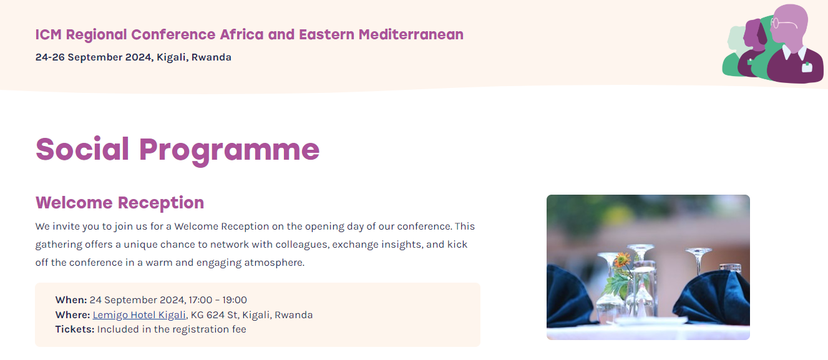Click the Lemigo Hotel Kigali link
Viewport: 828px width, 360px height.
pyautogui.click(x=139, y=315)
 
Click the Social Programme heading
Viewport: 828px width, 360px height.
pyautogui.click(x=177, y=150)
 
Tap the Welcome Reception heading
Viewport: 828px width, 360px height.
pyautogui.click(x=120, y=203)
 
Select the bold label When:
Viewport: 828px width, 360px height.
pyautogui.click(x=71, y=299)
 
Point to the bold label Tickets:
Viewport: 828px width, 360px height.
pyautogui.click(x=75, y=329)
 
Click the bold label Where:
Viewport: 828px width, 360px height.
pyautogui.click(x=73, y=315)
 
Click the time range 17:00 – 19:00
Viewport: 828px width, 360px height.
pyautogui.click(x=218, y=299)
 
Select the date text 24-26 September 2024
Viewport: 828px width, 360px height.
pyautogui.click(x=94, y=57)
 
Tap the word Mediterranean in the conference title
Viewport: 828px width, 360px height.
pyautogui.click(x=411, y=34)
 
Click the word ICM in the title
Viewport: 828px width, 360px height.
pyautogui.click(x=49, y=34)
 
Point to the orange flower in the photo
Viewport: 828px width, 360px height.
pyautogui.click(x=621, y=260)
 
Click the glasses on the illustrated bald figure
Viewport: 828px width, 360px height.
pyautogui.click(x=782, y=24)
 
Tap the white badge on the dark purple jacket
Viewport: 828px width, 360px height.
pyautogui.click(x=807, y=67)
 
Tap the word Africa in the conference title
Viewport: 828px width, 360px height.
pyautogui.click(x=241, y=34)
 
